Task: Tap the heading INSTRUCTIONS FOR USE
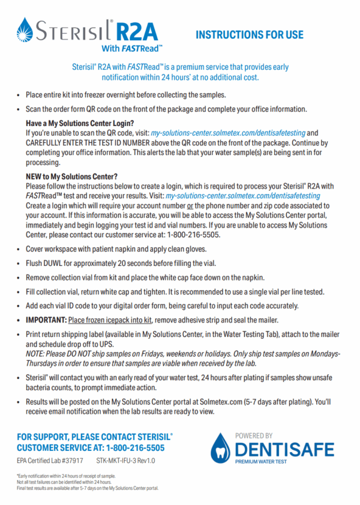[x=249, y=35]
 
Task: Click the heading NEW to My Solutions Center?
[x=71, y=177]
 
